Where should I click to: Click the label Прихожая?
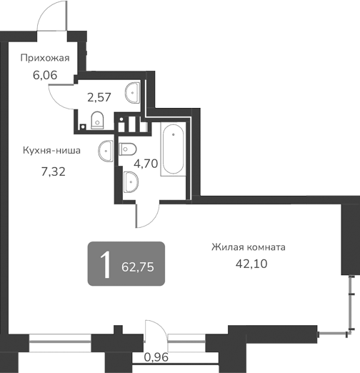[x=45, y=59]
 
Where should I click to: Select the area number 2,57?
[x=99, y=96]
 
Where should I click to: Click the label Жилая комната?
[x=248, y=247]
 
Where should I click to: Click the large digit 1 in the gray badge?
[x=106, y=265]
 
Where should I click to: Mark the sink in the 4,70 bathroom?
[x=131, y=182]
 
